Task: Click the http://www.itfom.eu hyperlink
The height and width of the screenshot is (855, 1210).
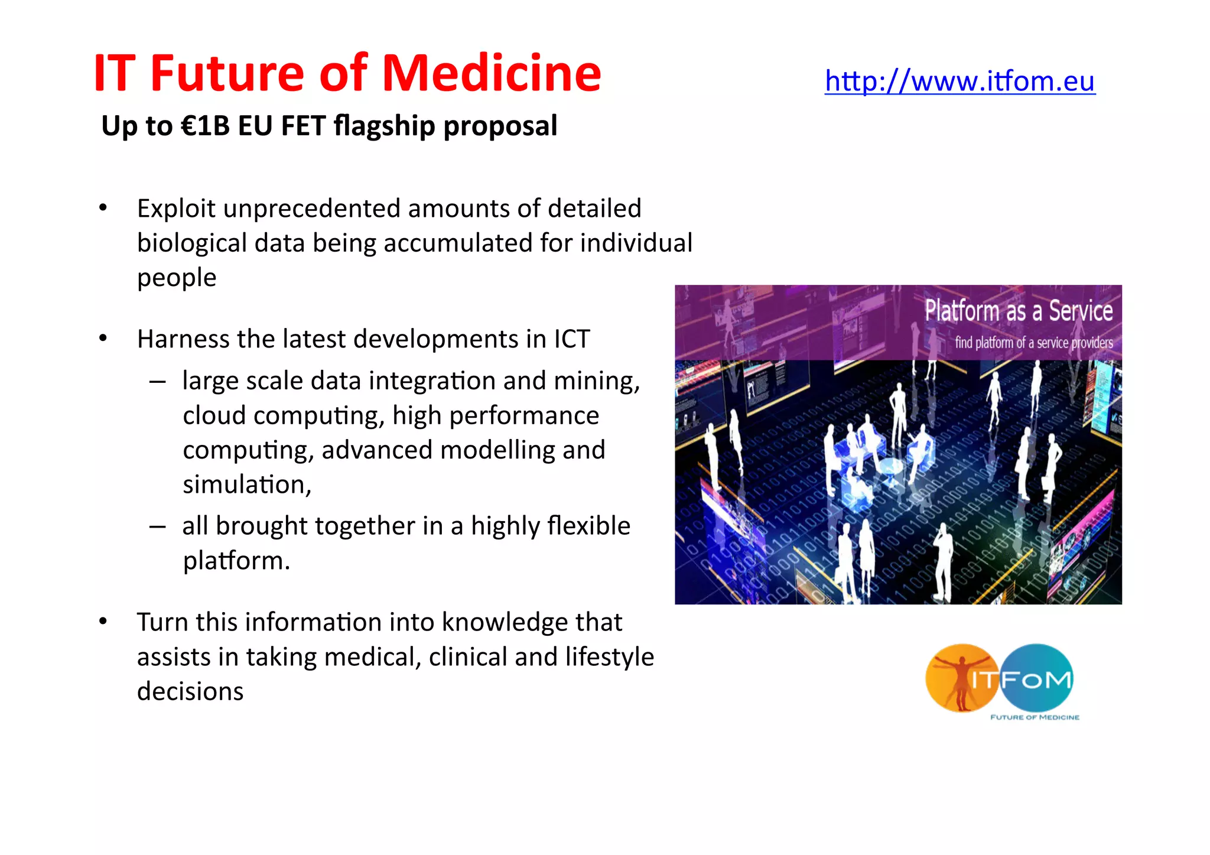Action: [x=959, y=81]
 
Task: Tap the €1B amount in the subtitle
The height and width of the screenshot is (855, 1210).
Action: [x=205, y=126]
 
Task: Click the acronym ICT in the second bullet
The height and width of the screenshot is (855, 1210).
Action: [x=571, y=339]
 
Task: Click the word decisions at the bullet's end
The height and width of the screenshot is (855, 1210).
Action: [x=190, y=691]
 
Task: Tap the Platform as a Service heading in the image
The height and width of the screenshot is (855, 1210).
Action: [x=1018, y=311]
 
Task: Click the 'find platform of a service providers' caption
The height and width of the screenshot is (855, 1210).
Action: [x=1033, y=343]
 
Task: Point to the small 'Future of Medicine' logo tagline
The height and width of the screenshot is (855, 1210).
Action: [x=1035, y=717]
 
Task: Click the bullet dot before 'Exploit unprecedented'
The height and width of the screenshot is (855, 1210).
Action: [x=103, y=208]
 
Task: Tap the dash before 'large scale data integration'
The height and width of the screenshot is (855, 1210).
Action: [x=157, y=382]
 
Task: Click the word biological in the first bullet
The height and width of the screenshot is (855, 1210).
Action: [x=191, y=243]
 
